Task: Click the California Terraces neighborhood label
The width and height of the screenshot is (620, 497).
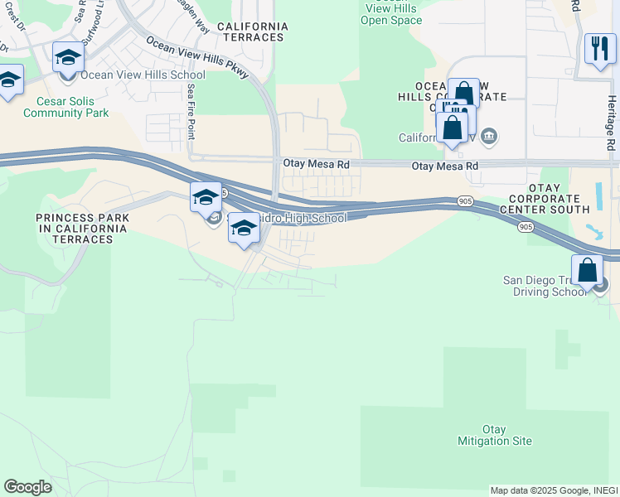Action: tap(252, 32)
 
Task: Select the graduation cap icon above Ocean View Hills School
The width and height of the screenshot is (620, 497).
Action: tap(68, 58)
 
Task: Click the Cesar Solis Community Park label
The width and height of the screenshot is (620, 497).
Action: tap(66, 107)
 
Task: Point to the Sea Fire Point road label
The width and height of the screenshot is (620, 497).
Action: tap(191, 109)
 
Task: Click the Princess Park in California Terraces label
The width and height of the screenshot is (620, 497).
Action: tap(74, 228)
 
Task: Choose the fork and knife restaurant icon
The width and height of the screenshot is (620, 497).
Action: tap(600, 48)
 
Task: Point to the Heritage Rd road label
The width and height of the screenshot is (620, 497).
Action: tap(611, 121)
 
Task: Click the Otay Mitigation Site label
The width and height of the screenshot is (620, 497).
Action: tap(495, 435)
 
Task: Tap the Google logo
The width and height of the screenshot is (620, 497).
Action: tap(27, 487)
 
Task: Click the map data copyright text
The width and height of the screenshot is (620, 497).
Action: tap(554, 490)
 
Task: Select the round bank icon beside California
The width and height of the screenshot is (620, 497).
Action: tap(489, 136)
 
